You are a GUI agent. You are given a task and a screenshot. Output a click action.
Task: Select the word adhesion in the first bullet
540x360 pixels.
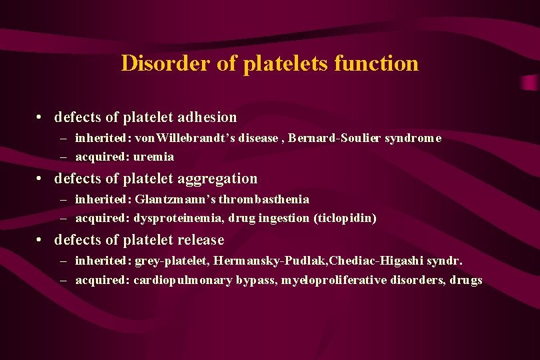click(x=207, y=117)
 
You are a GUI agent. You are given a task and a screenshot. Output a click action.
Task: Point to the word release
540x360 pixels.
click(x=201, y=240)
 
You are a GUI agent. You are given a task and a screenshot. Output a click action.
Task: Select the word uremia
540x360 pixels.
click(x=154, y=157)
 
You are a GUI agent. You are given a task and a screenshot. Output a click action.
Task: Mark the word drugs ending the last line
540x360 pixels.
click(x=466, y=280)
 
